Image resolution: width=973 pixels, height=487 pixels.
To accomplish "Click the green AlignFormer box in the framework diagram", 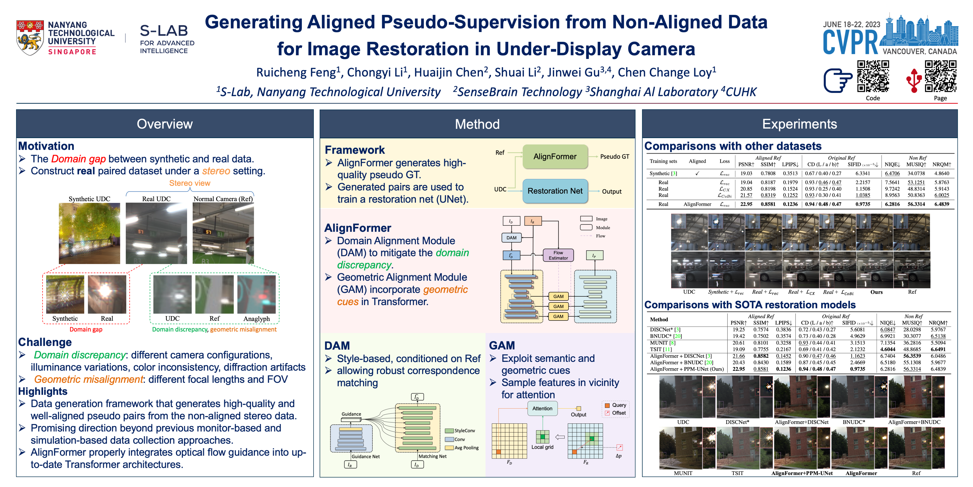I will [x=555, y=157].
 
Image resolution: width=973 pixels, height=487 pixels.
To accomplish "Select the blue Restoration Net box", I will [x=555, y=191].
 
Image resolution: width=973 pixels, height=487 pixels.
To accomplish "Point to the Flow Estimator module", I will [x=558, y=255].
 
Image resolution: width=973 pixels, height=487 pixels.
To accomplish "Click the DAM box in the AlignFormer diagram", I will [x=511, y=238].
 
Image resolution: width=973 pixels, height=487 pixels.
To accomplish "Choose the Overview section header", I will [x=165, y=124].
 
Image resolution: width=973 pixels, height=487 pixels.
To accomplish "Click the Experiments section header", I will [x=799, y=124].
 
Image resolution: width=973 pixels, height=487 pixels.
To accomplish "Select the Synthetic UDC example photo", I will [x=90, y=233].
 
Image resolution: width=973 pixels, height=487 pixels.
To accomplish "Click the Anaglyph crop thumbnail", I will [x=256, y=295].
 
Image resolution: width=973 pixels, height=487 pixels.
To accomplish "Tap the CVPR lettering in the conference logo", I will [x=851, y=42].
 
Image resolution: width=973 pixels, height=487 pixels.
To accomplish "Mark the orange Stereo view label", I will [x=190, y=183].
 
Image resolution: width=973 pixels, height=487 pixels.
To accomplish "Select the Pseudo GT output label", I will [x=614, y=157].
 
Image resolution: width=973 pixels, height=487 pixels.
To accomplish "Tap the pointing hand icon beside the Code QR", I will [x=838, y=80].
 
